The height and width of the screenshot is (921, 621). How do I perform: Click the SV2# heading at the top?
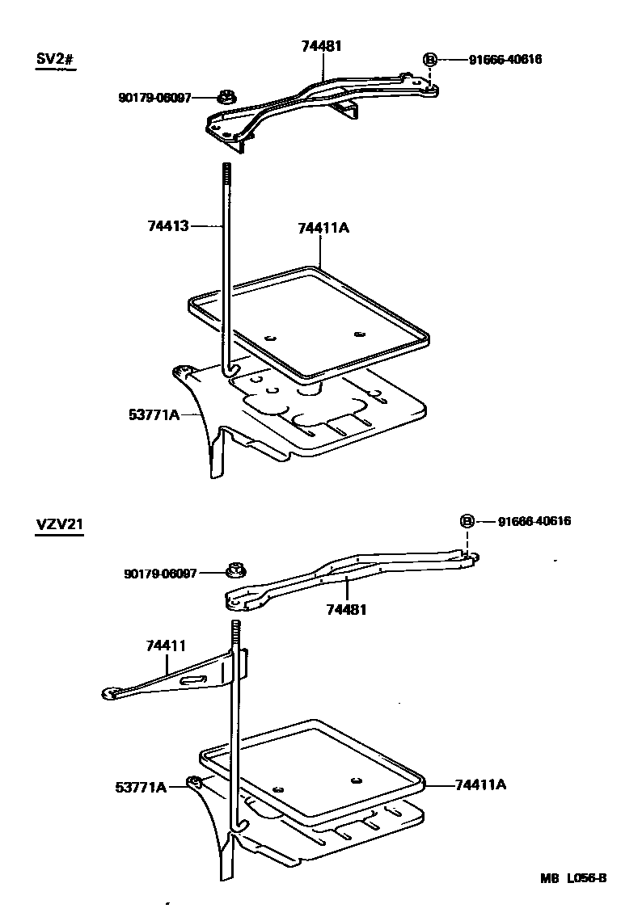coord(56,61)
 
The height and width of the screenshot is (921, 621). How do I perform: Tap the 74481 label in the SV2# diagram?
coord(322,46)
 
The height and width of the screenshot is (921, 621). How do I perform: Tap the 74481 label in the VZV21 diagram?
coord(347,609)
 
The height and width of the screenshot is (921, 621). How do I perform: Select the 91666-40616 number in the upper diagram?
coord(505,60)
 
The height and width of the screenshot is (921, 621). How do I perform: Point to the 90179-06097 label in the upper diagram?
coord(154,98)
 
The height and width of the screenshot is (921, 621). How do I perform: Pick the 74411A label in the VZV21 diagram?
coord(481,784)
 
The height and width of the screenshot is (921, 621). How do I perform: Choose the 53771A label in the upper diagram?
coord(154,414)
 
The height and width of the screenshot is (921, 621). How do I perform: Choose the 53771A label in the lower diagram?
coord(140,786)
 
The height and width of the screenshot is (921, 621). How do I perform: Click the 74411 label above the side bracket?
coord(167,646)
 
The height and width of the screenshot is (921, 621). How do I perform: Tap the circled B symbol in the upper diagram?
coord(430,60)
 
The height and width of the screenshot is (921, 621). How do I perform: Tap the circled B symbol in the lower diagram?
coord(467,521)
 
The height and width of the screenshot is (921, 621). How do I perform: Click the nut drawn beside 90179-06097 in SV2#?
coord(226,99)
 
